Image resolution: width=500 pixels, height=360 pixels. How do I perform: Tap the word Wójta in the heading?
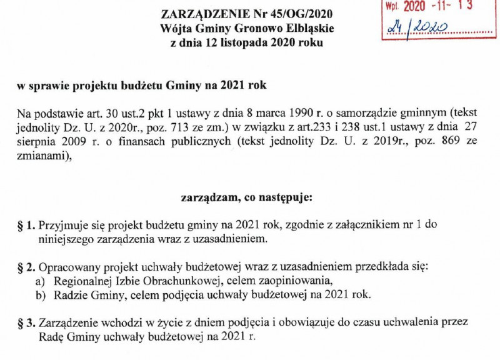pyautogui.click(x=174, y=29)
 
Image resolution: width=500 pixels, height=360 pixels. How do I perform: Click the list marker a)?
pyautogui.click(x=41, y=281)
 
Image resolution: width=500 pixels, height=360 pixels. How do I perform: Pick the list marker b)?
pyautogui.click(x=41, y=294)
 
